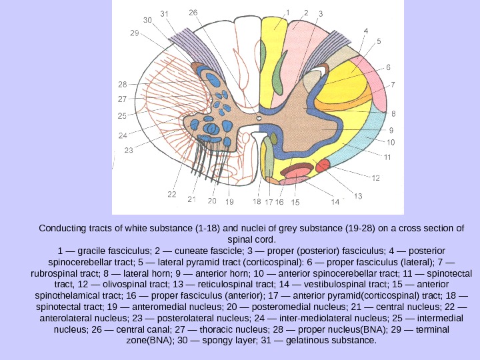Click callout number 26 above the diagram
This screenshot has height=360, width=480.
pos(193,13)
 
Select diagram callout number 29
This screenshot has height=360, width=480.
pos(134,33)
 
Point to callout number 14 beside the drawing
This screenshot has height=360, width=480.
pos(335,201)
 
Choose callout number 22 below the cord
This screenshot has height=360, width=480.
pos(172,195)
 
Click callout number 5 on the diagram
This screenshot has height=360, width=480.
pos(379,41)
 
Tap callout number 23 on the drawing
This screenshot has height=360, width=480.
pos(129,150)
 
